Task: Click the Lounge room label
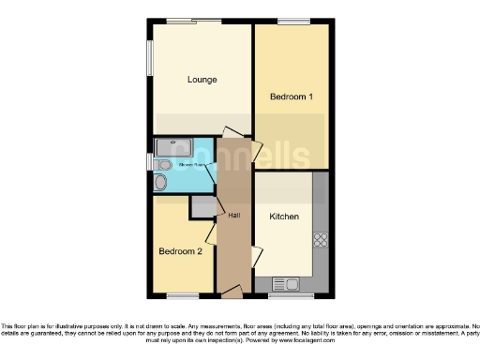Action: pyautogui.click(x=202, y=80)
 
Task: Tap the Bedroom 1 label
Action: pyautogui.click(x=292, y=97)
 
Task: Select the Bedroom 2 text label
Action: pyautogui.click(x=180, y=251)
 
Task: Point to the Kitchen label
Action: pyautogui.click(x=284, y=217)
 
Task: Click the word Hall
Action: pyautogui.click(x=233, y=215)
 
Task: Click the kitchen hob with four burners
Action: pyautogui.click(x=321, y=239)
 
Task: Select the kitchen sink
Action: pyautogui.click(x=284, y=283)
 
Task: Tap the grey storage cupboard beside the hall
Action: pyautogui.click(x=202, y=207)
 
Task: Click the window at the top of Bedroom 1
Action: pyautogui.click(x=293, y=21)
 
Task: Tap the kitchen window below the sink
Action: pyautogui.click(x=290, y=296)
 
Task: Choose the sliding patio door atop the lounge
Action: pyautogui.click(x=194, y=21)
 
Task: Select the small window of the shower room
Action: pyautogui.click(x=150, y=163)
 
